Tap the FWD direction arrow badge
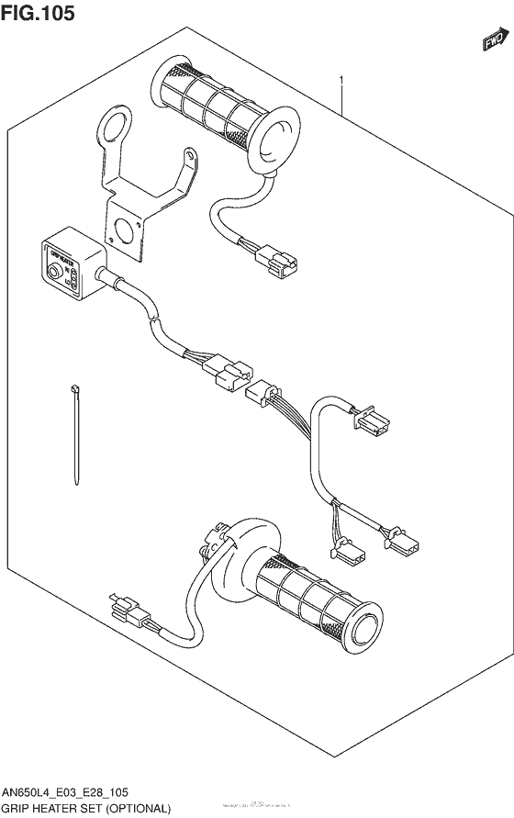tap(495, 39)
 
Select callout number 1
tap(341, 82)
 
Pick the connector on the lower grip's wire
tap(128, 611)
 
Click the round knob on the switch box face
tap(55, 273)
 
